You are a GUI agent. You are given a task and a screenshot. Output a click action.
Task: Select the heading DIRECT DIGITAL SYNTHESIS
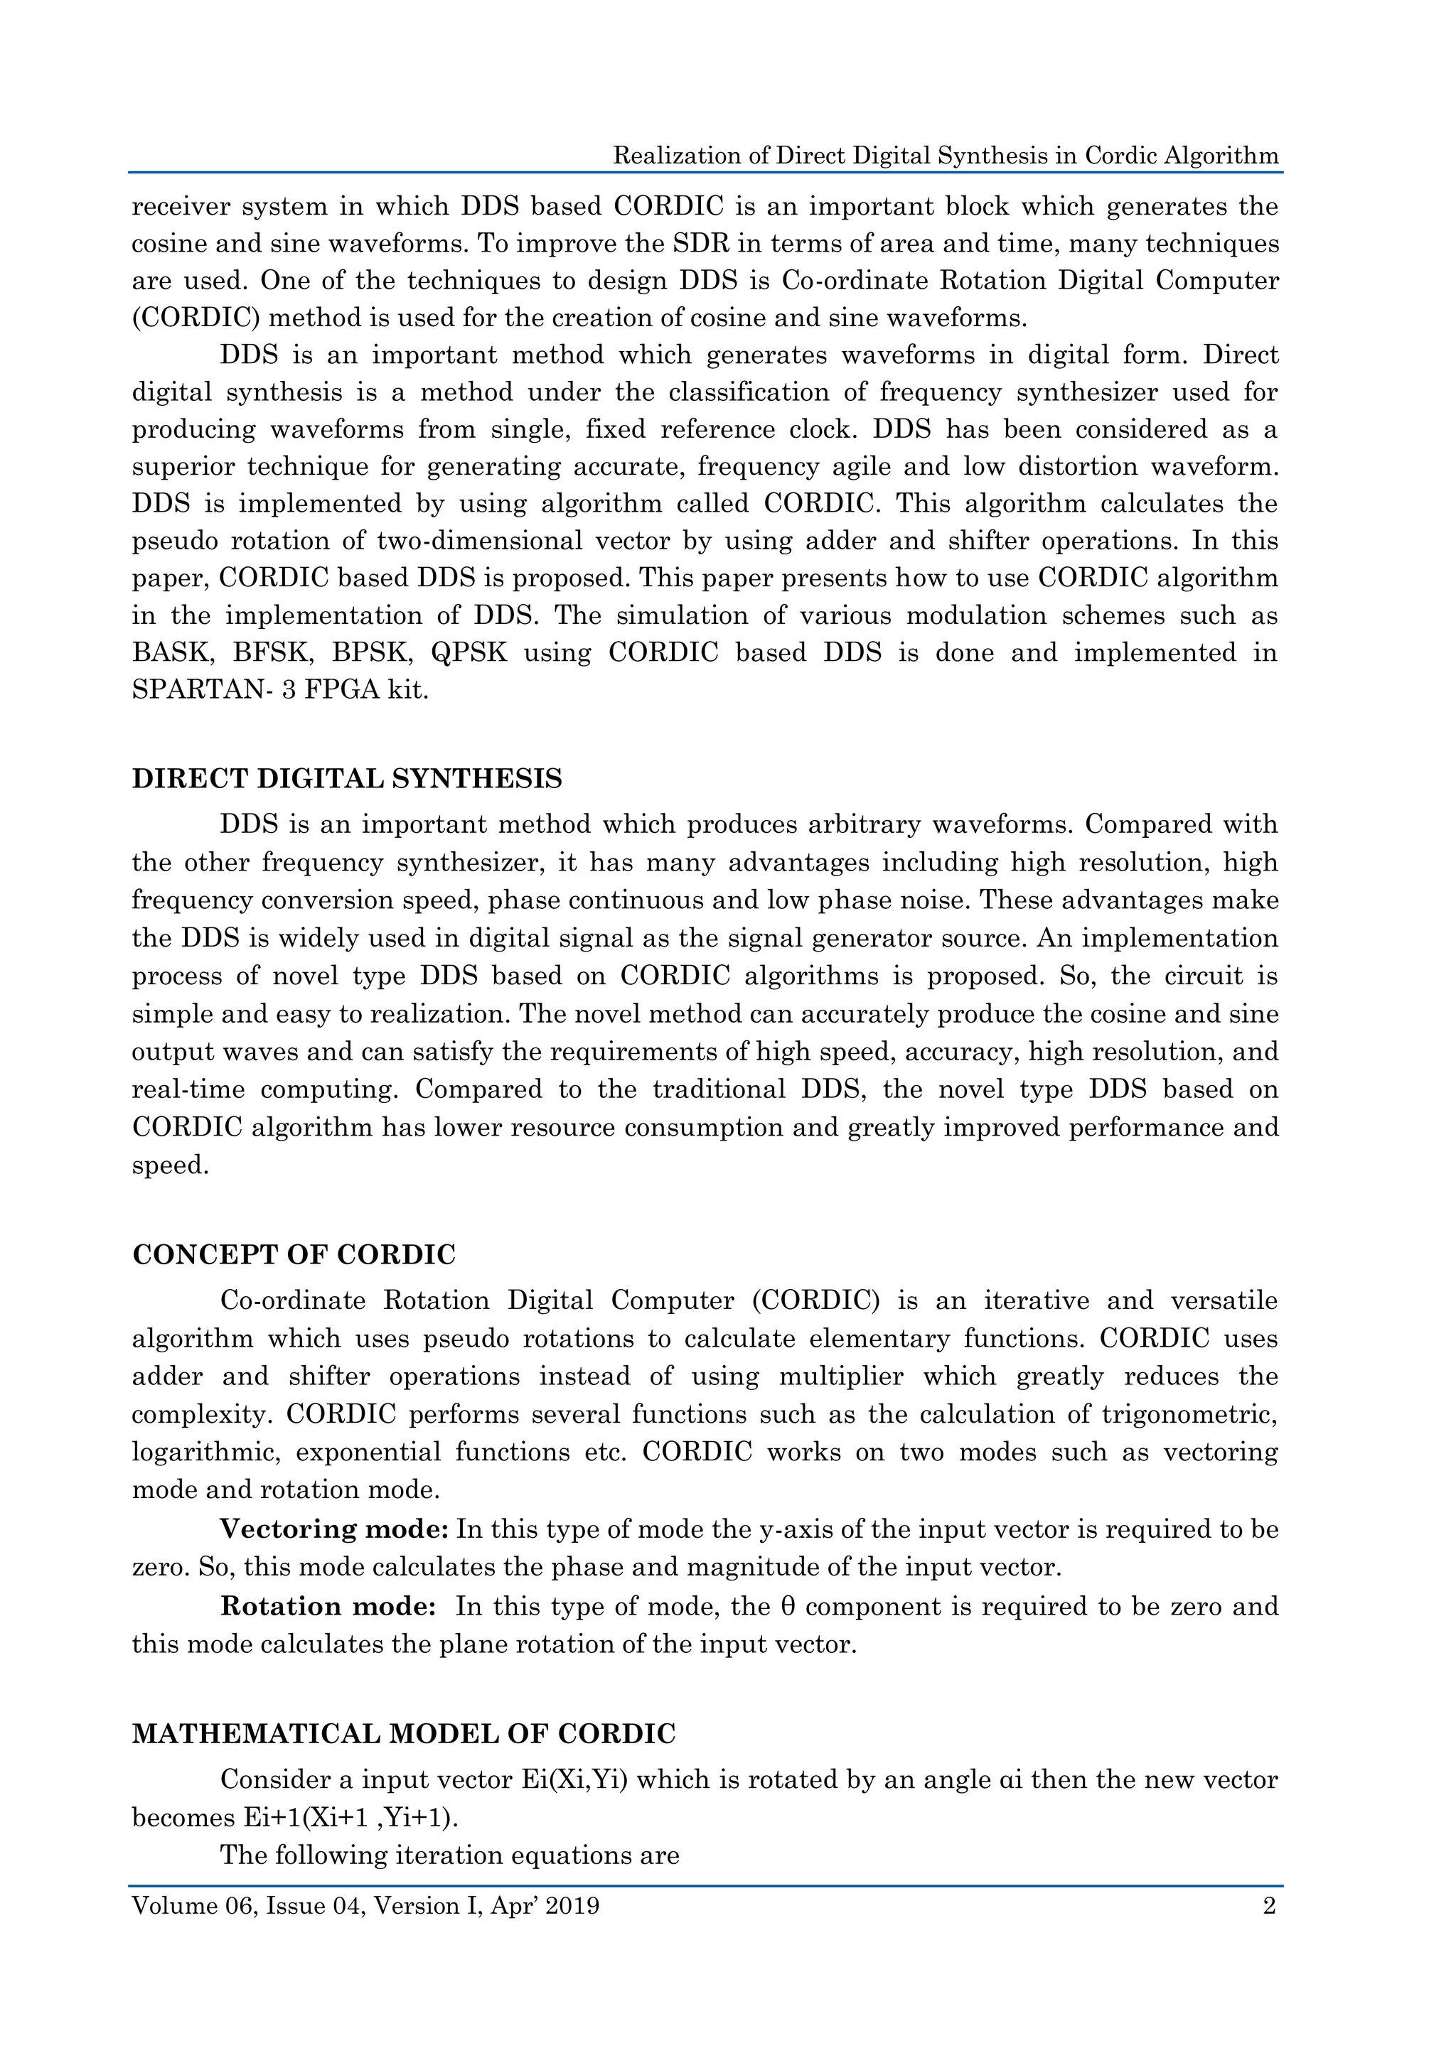[x=347, y=779]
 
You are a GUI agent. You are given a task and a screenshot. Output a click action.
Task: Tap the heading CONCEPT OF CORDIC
[x=294, y=1255]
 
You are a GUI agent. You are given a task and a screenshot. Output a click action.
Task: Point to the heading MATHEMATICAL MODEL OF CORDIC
[x=403, y=1735]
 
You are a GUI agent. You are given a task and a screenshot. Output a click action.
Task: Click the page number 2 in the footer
[x=1268, y=1906]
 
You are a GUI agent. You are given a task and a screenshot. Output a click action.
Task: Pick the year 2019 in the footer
[x=572, y=1906]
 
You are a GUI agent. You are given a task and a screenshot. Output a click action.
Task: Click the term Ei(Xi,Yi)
[x=574, y=1779]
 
